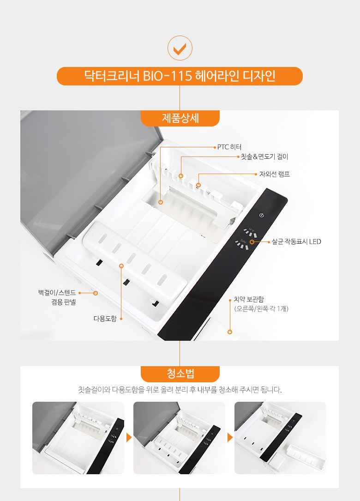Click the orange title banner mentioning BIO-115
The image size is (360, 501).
coord(180,76)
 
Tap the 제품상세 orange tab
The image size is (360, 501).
coord(180,118)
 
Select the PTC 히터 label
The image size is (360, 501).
coord(229,147)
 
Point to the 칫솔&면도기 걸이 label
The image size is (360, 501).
coord(264,157)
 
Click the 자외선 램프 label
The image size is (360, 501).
coord(275,174)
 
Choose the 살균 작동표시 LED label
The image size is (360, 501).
coord(296,241)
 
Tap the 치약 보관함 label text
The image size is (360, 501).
coord(249,299)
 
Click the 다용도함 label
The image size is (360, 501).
coord(105,319)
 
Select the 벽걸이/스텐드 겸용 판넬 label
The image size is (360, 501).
coord(57,297)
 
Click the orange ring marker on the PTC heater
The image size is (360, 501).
coord(161,202)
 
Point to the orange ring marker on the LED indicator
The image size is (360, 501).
coord(252,242)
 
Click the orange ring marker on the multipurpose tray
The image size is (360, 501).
coord(121,266)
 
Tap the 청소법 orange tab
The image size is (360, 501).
coord(180,374)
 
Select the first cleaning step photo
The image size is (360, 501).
coord(78,438)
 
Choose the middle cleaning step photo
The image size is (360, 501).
coord(179,438)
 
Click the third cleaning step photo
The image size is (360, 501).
coord(281,438)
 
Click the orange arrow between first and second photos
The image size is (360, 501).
coord(129,438)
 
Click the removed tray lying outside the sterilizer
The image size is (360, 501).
coord(306,456)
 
